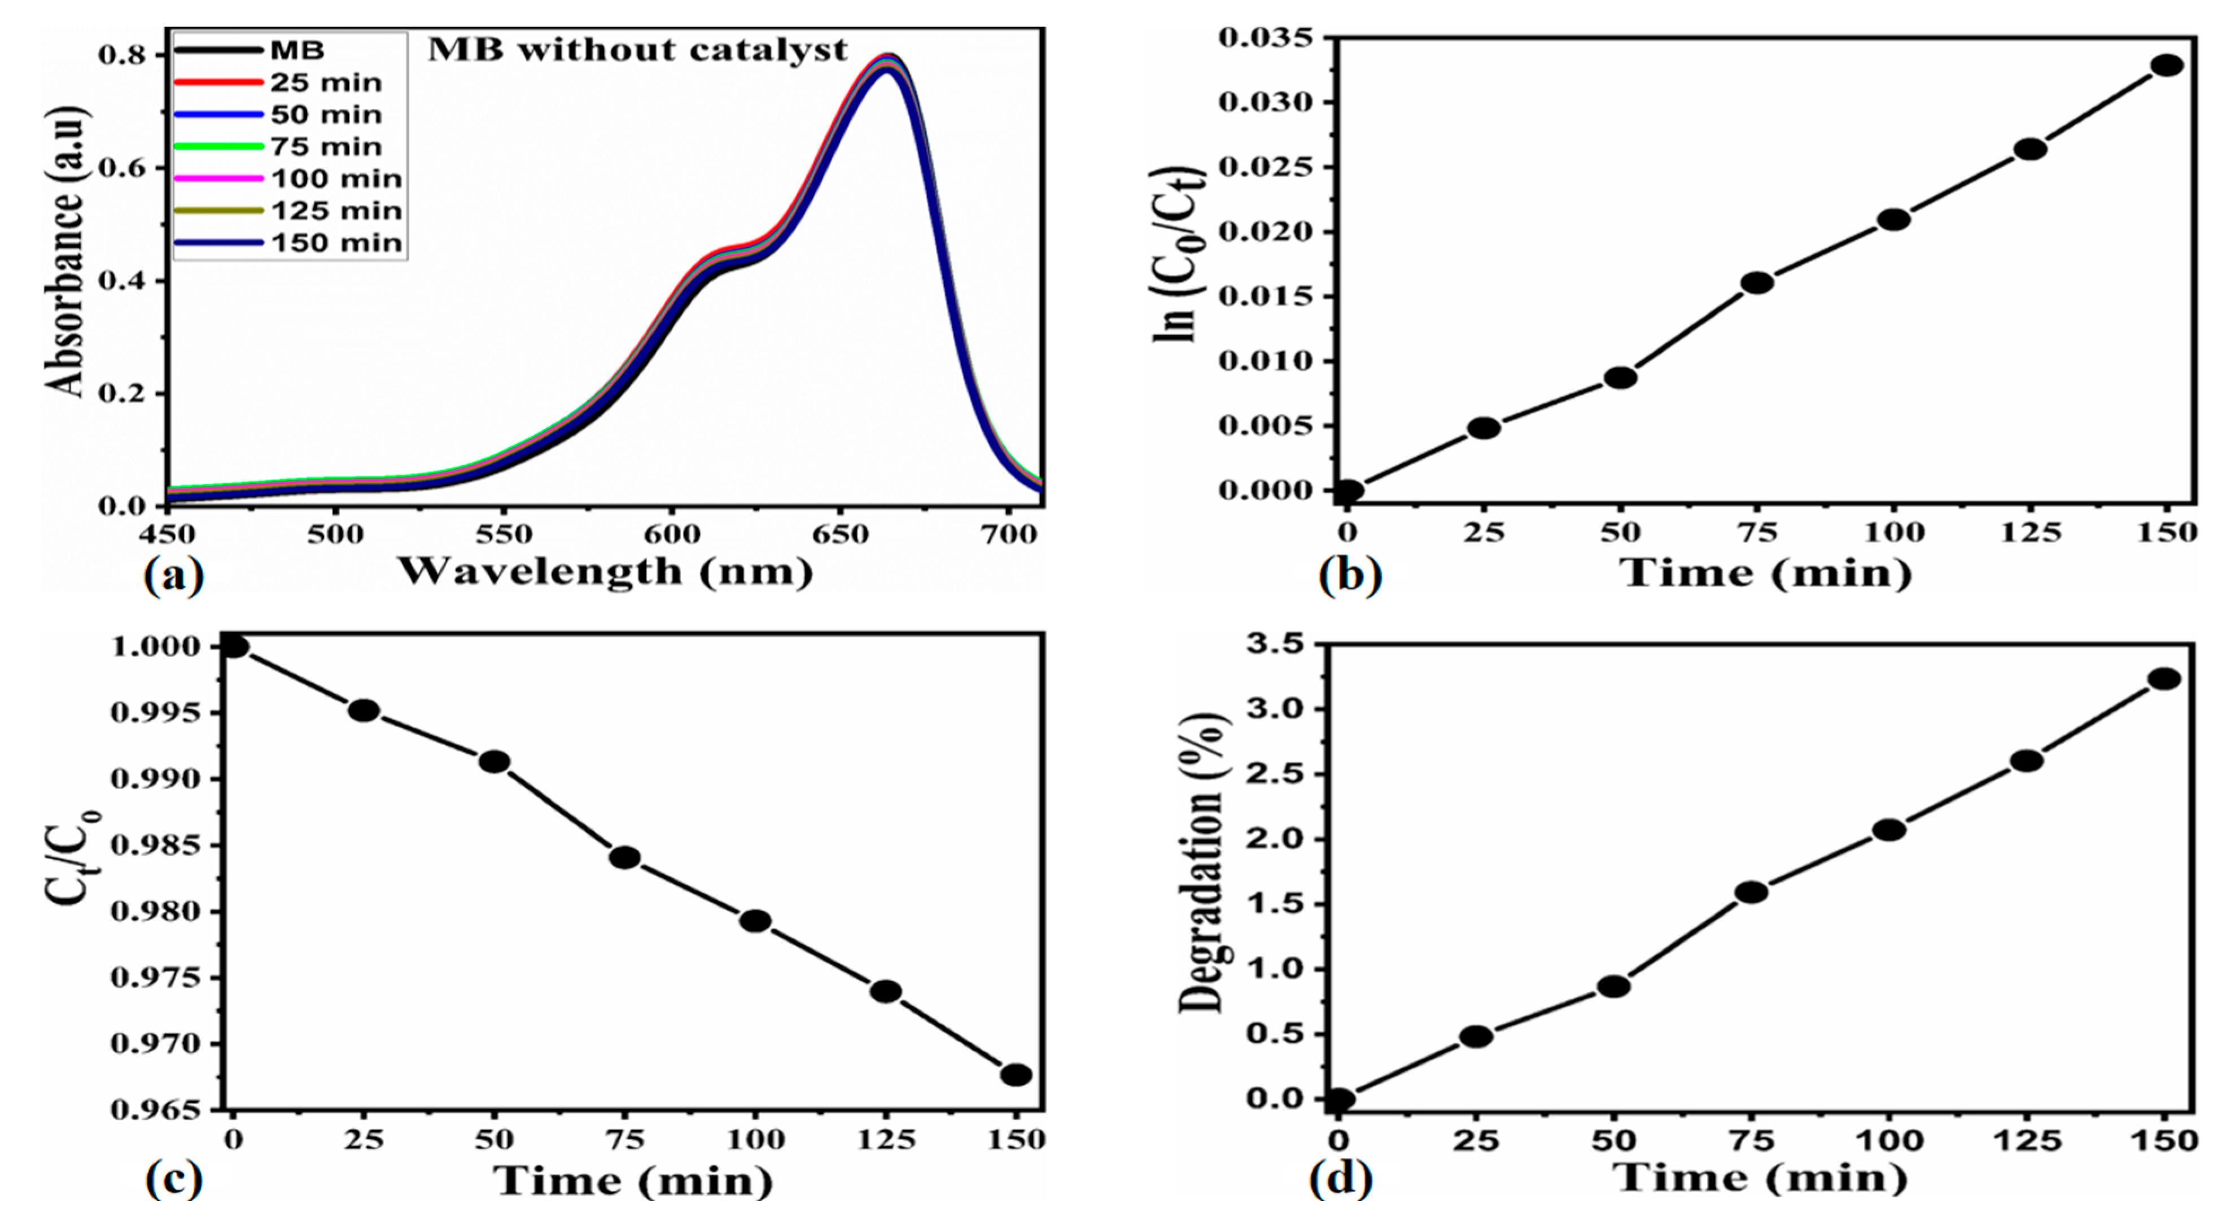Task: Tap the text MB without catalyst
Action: pyautogui.click(x=637, y=50)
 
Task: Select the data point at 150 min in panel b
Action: pyautogui.click(x=2167, y=65)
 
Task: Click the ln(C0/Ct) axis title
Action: pyautogui.click(x=1180, y=255)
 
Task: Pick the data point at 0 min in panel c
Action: pyautogui.click(x=234, y=646)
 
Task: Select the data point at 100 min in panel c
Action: pyautogui.click(x=755, y=921)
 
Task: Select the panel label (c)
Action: pyautogui.click(x=173, y=1179)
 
